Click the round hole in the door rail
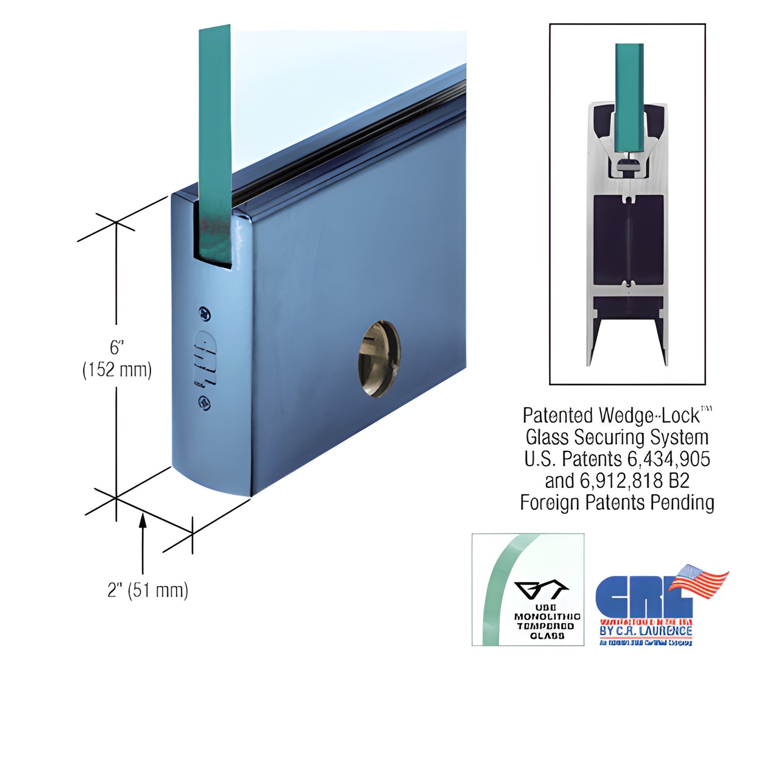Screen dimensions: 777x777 (x=379, y=359)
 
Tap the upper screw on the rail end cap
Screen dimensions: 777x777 (x=204, y=313)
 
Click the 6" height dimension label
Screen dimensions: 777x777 (x=117, y=348)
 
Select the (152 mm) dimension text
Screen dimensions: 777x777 (x=117, y=370)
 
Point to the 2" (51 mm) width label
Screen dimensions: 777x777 (x=148, y=590)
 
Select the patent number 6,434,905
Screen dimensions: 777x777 (x=668, y=459)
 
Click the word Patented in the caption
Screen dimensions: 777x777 (x=557, y=416)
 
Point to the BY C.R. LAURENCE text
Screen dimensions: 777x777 (x=645, y=630)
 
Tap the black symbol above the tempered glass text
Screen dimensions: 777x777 (x=541, y=590)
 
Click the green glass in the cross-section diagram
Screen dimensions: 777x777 (x=629, y=97)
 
